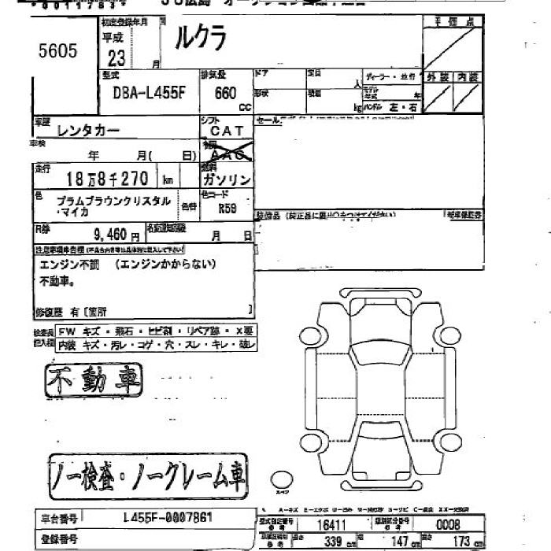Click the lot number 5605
pos(58,53)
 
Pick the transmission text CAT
pos(227,131)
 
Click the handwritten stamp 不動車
pos(95,383)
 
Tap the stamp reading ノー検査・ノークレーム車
pos(148,474)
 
